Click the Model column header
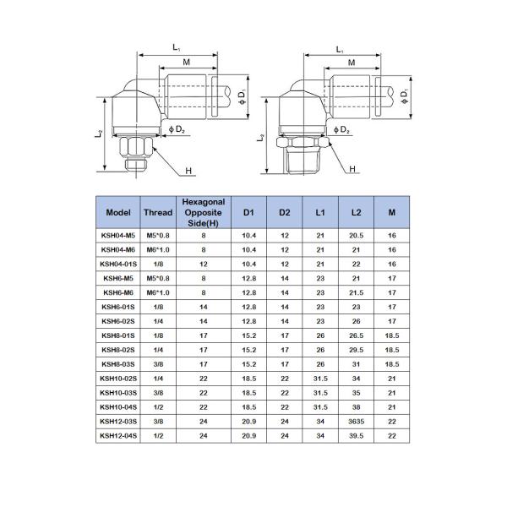(x=119, y=212)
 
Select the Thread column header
(x=158, y=212)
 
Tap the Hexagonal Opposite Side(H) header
(x=204, y=212)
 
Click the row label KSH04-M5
(x=119, y=235)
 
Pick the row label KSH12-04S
(x=119, y=435)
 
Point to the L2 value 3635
(x=356, y=421)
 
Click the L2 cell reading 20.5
(x=356, y=235)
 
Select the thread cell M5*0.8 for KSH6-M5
(x=158, y=278)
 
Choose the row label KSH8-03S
(x=119, y=364)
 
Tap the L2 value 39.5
(x=356, y=435)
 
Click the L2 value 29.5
(x=356, y=350)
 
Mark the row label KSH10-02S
(x=119, y=378)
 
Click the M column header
(x=392, y=212)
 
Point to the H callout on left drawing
(x=189, y=171)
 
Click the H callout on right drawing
(x=352, y=170)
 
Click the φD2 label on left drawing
(x=177, y=129)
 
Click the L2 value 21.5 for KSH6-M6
(x=356, y=292)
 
